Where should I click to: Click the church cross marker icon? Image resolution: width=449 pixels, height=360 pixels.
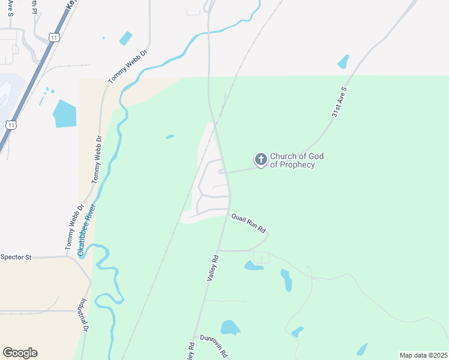coord(261,160)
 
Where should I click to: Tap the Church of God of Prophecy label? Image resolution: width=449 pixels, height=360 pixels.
coord(297,160)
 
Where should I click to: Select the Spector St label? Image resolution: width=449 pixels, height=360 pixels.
coord(16,257)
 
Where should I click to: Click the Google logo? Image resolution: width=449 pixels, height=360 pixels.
coord(20,353)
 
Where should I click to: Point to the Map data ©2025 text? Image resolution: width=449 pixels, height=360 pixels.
coord(423,355)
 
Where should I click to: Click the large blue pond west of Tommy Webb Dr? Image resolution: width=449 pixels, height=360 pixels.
coord(64,113)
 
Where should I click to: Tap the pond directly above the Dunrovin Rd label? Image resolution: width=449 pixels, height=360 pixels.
coord(230,327)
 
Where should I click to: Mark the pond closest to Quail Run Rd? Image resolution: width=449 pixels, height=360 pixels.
coord(253,265)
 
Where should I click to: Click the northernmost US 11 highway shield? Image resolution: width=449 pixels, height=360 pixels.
coord(54,37)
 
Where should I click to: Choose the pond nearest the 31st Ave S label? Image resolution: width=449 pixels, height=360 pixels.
coord(343,62)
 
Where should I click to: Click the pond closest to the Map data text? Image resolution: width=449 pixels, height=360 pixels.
coord(361,349)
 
